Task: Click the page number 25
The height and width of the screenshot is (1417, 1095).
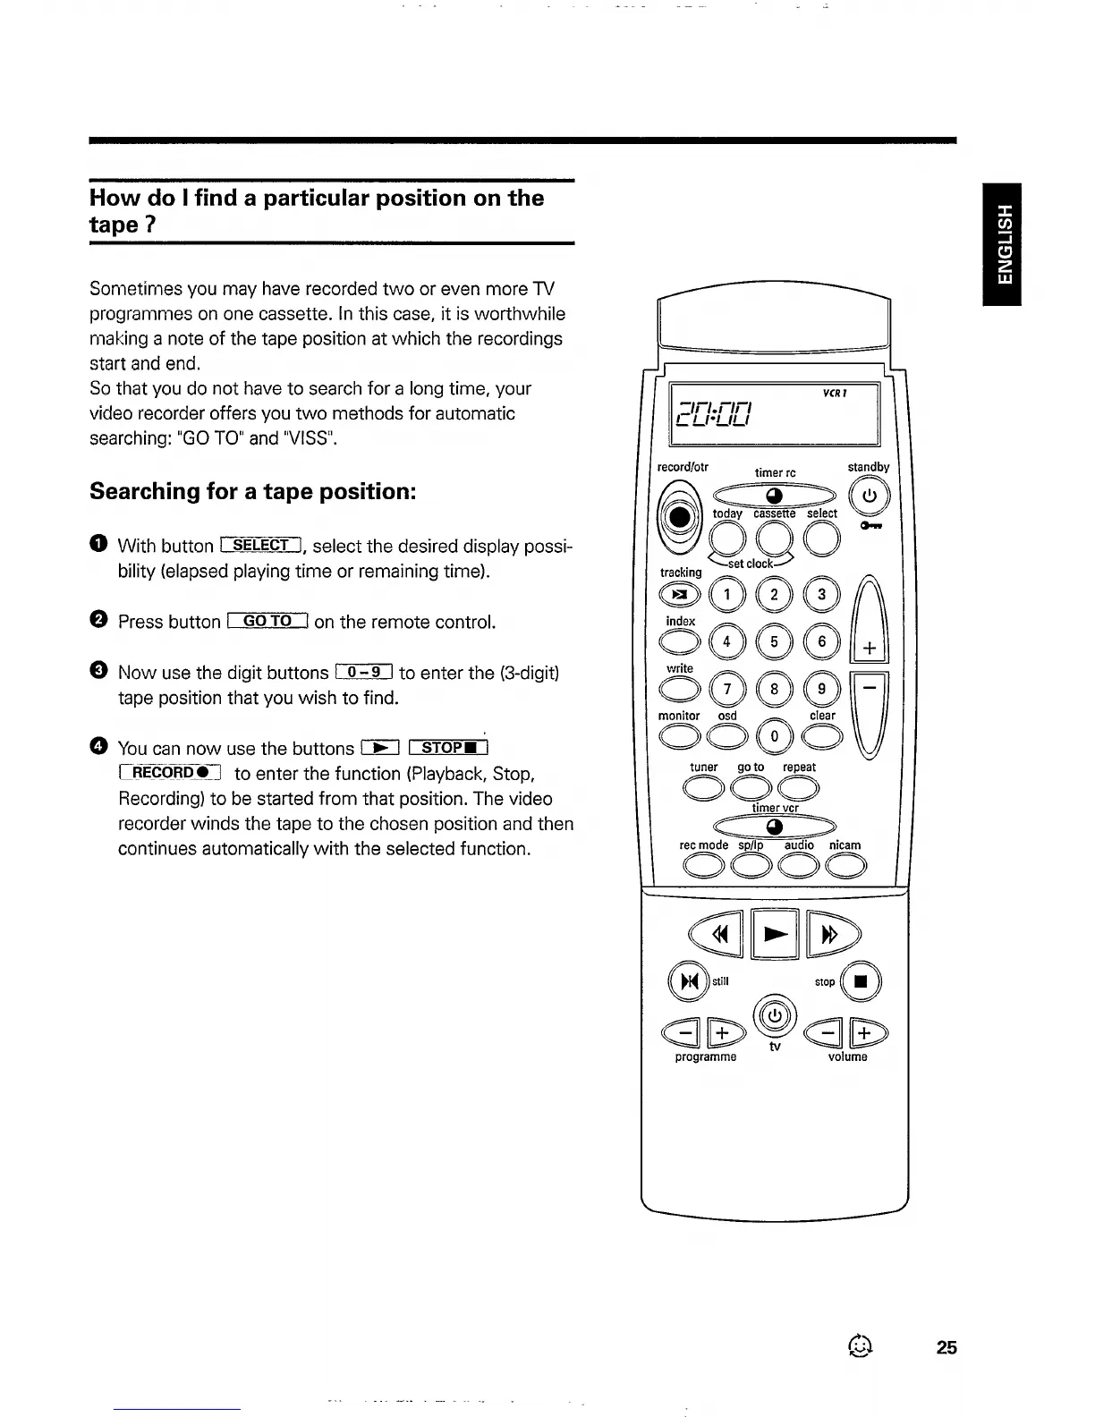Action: [x=946, y=1347]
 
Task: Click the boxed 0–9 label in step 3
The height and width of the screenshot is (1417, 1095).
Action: [x=364, y=672]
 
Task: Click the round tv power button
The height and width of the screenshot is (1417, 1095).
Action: [x=776, y=1015]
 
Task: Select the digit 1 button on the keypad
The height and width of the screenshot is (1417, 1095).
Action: [x=727, y=594]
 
